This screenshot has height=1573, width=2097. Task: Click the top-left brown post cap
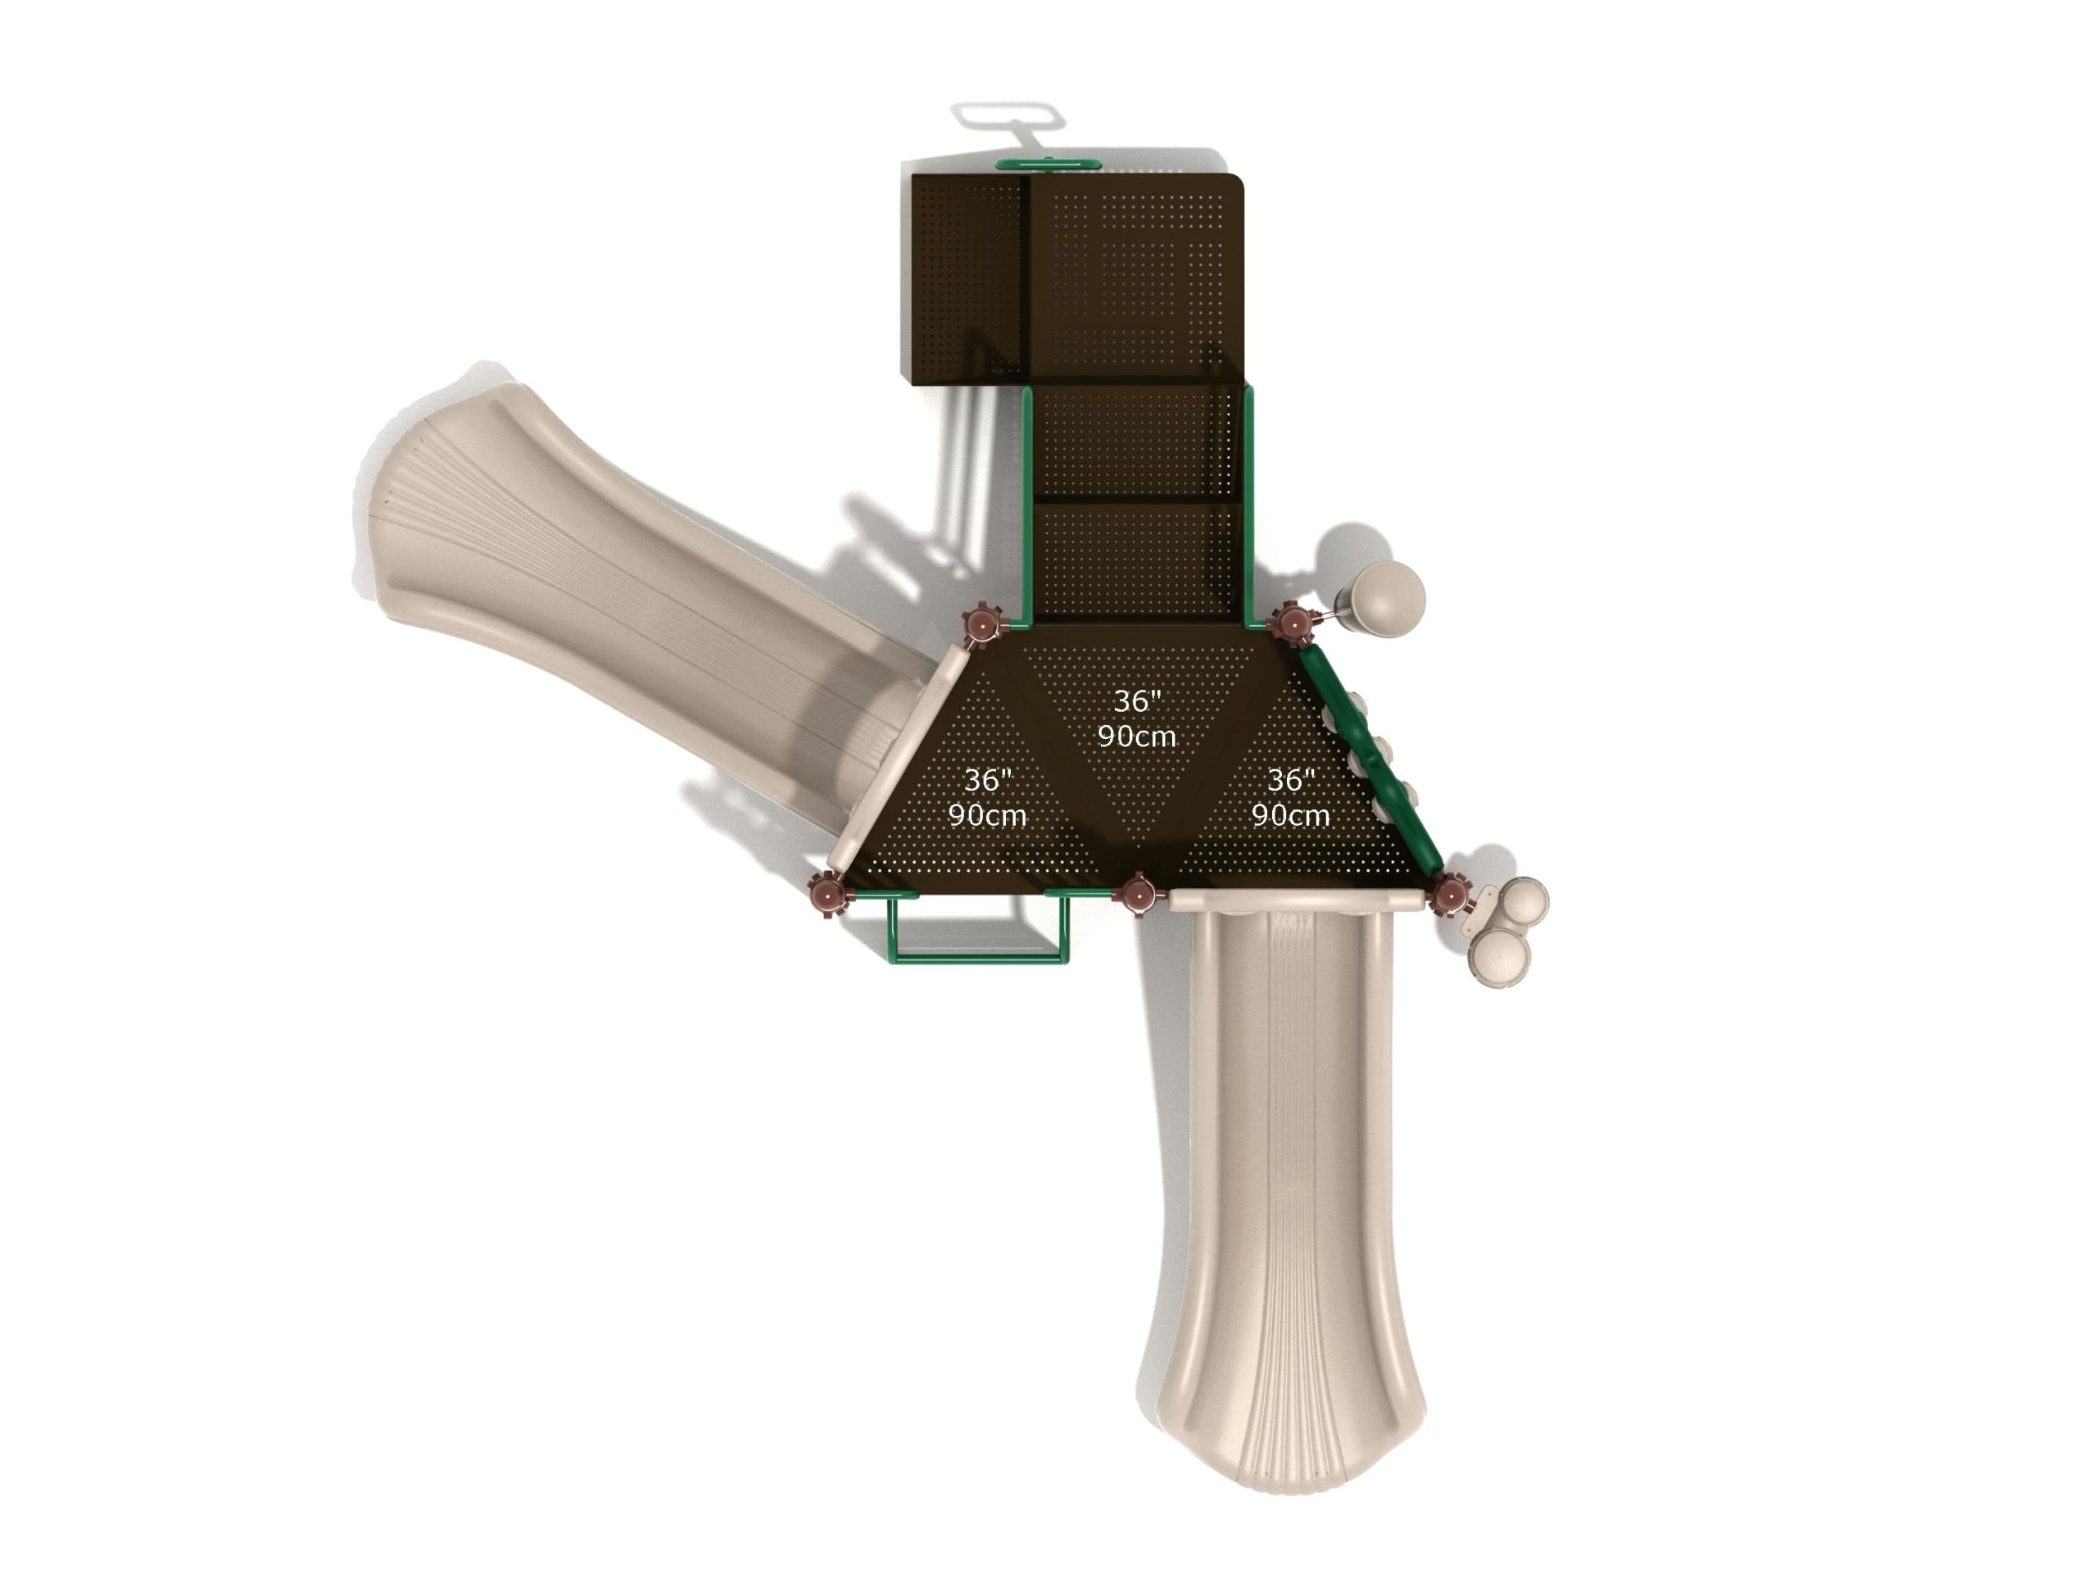tap(982, 626)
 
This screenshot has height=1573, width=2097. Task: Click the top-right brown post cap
tap(1290, 623)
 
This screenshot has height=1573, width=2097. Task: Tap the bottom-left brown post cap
tap(829, 893)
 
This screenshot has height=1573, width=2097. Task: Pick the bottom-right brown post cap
tap(1447, 894)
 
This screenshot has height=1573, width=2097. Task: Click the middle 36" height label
tap(1137, 701)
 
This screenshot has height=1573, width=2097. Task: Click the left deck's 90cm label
tap(987, 815)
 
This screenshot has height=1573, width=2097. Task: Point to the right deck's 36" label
tap(1291, 780)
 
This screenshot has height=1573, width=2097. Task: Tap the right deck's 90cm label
tap(1290, 815)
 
